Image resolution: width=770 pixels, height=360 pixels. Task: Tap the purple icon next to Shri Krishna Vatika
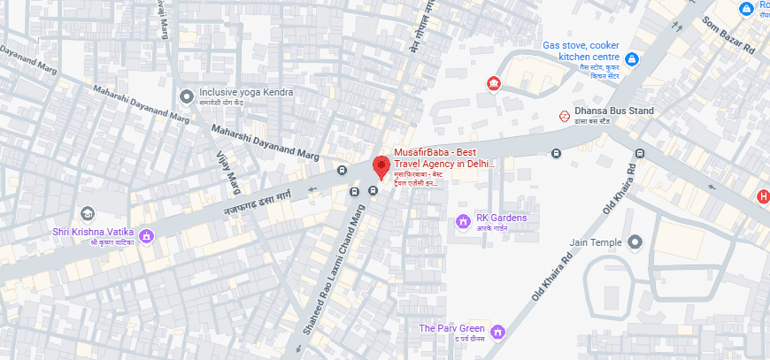(147, 235)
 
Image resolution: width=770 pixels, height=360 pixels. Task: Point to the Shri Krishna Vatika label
(91, 234)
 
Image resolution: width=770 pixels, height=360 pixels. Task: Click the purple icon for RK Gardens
(462, 219)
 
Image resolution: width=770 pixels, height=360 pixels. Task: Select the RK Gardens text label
(502, 218)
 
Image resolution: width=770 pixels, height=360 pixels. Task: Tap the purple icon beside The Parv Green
(498, 331)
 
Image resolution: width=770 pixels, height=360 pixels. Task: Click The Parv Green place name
(453, 329)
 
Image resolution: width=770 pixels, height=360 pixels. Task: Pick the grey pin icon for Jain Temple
(635, 242)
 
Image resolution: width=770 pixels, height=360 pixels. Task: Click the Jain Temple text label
(597, 242)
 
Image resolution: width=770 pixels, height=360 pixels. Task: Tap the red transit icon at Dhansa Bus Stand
(564, 115)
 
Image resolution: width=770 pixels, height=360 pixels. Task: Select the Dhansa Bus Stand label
(613, 111)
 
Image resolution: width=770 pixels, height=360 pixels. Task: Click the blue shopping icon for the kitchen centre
(632, 59)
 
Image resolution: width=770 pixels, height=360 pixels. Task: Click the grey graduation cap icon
(87, 213)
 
